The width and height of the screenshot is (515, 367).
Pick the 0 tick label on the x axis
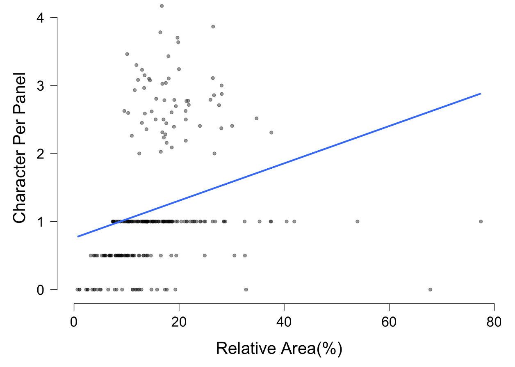(x=74, y=321)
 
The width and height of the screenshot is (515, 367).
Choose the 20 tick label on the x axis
(x=179, y=321)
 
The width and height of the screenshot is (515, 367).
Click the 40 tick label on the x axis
(x=284, y=321)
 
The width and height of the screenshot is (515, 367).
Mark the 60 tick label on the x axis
(x=389, y=321)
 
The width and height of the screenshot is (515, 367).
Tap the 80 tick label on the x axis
(x=494, y=321)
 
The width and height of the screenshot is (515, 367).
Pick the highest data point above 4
(x=162, y=6)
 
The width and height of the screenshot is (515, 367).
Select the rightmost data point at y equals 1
(x=481, y=221)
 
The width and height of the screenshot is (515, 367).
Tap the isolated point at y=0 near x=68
(x=430, y=289)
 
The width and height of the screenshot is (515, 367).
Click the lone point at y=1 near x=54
(x=357, y=221)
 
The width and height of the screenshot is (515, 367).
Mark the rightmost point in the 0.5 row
(x=245, y=255)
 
